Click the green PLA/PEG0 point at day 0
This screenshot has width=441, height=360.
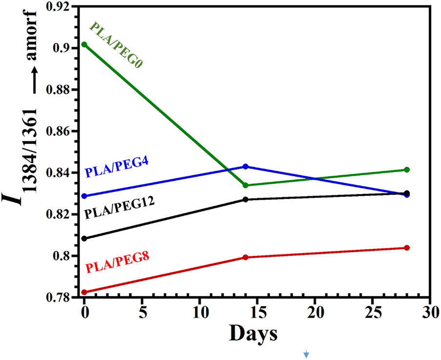[x=84, y=44]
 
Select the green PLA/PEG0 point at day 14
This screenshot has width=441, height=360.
[x=246, y=185]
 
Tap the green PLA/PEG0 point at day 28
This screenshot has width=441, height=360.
[x=407, y=170]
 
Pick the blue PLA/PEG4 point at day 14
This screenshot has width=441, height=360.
[x=246, y=167]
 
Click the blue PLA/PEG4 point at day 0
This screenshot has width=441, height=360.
[x=84, y=196]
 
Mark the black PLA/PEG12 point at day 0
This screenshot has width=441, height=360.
[x=84, y=238]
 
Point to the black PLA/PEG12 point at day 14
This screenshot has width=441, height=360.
[x=246, y=199]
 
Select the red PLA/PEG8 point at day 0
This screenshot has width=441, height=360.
[x=84, y=292]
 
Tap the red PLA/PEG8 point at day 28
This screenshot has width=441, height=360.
[x=407, y=248]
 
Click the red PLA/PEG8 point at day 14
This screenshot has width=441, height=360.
[x=246, y=257]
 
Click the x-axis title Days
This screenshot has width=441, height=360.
[x=253, y=334]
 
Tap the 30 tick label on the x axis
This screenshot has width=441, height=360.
[x=430, y=311]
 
